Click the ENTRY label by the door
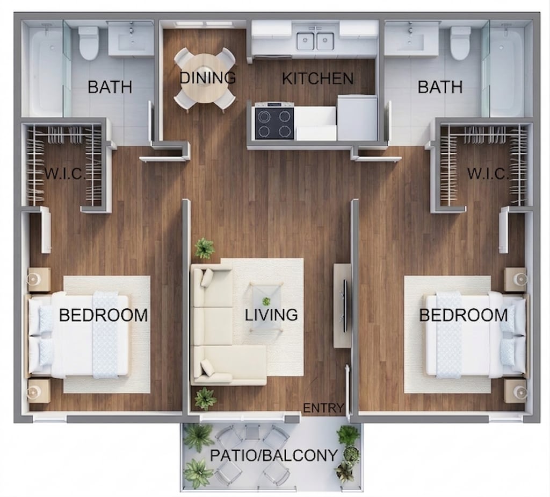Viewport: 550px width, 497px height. point(323,408)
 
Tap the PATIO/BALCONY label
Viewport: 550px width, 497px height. point(273,456)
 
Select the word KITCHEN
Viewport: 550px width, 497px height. point(318,79)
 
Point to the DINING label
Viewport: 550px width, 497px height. point(208,77)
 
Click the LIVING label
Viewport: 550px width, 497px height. point(271,315)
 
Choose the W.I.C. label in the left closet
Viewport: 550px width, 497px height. point(65,173)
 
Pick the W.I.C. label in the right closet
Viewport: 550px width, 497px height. point(488,173)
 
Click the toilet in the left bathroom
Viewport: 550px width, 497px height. point(88,43)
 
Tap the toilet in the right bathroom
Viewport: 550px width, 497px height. point(460,43)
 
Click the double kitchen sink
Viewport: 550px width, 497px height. point(316,41)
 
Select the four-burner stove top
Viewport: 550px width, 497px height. point(274,123)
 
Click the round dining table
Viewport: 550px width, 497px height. point(205,78)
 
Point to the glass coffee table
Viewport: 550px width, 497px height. point(266,307)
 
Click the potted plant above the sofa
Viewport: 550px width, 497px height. point(204,248)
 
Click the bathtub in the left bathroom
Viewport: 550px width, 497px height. point(44,71)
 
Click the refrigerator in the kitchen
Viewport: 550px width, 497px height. point(357,118)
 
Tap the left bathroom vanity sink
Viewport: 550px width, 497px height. point(131,39)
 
